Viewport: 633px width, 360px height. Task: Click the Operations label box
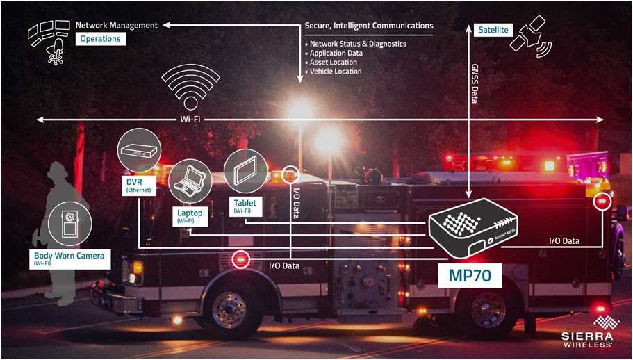click(101, 39)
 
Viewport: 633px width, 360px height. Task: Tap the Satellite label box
click(493, 30)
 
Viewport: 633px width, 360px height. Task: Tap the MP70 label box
click(468, 275)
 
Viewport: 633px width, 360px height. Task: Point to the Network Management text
click(116, 26)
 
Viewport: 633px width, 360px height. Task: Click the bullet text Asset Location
click(334, 62)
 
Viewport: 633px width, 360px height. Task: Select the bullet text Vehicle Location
click(336, 71)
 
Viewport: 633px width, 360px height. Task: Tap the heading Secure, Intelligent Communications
click(368, 26)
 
